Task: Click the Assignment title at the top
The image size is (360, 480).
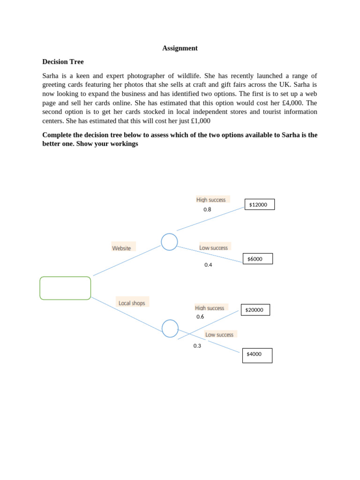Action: (180, 48)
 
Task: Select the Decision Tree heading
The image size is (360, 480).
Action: (63, 62)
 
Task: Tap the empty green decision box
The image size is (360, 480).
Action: (65, 288)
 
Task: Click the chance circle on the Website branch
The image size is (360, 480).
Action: (169, 242)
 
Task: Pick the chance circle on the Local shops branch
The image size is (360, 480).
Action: (170, 328)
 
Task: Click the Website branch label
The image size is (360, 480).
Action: (121, 248)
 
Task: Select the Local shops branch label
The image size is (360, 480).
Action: (132, 303)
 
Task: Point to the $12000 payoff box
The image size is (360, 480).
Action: (260, 204)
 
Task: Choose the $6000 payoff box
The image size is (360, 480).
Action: (257, 259)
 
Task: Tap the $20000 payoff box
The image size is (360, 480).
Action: (255, 310)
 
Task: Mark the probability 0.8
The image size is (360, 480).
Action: (207, 210)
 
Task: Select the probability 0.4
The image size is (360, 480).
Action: (208, 265)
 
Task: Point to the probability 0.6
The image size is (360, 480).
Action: (200, 316)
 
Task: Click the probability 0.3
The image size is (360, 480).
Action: (197, 346)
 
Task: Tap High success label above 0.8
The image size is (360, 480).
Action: (211, 200)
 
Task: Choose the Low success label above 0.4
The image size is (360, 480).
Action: (213, 247)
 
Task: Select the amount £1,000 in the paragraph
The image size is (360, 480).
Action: (197, 121)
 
